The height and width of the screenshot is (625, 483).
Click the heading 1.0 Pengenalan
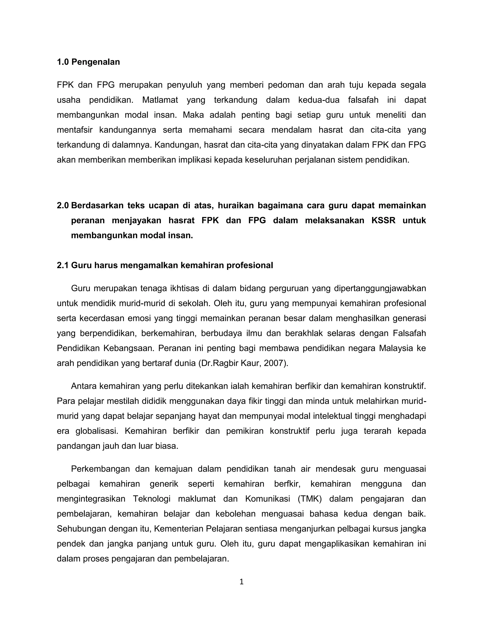click(x=88, y=62)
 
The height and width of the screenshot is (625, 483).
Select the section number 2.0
click(x=63, y=205)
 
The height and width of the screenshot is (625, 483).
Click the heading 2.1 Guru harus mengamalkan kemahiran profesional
click(x=165, y=265)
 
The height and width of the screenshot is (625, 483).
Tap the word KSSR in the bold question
click(x=383, y=220)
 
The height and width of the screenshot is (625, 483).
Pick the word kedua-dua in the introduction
click(x=319, y=100)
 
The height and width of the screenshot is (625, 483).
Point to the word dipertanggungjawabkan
click(x=380, y=288)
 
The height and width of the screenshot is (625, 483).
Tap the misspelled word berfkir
click(x=287, y=484)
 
